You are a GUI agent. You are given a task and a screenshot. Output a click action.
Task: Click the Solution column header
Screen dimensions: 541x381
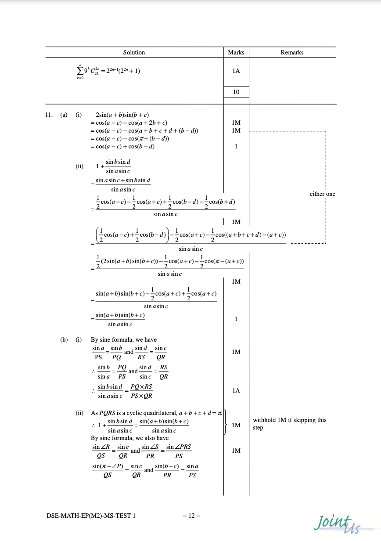pos(134,52)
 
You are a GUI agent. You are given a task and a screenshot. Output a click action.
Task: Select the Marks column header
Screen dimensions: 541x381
pos(236,52)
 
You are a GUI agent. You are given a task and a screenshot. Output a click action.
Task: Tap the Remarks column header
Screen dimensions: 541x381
pos(292,52)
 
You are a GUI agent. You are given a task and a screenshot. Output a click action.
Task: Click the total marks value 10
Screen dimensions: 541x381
pos(236,92)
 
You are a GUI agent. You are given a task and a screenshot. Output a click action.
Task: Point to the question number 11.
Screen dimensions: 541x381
pos(50,115)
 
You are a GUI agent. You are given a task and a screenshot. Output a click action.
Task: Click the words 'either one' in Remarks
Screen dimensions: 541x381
pos(322,194)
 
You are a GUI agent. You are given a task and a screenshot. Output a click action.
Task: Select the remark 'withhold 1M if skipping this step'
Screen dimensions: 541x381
pos(290,424)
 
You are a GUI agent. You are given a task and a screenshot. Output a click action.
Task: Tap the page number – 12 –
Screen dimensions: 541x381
pos(191,516)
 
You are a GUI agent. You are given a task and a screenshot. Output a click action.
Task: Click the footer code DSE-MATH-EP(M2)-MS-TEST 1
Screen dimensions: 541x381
pos(91,516)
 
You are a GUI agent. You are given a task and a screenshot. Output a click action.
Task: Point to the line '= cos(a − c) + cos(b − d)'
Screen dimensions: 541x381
pos(122,147)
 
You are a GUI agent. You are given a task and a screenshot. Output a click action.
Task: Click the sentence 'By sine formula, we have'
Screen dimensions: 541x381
pos(124,339)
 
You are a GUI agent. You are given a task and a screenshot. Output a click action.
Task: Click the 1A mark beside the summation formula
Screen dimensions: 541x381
pos(236,71)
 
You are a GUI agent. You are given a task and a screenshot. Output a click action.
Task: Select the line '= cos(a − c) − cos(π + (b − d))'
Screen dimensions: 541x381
pos(130,139)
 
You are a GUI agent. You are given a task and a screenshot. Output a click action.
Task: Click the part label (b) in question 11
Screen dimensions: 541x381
pos(64,339)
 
